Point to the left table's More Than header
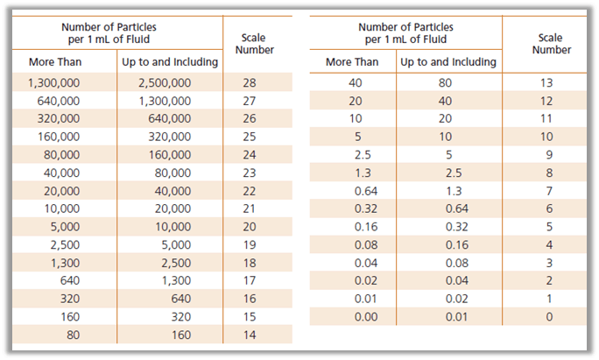60,62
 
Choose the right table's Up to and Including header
448,62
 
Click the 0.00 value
352,316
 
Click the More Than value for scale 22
60,191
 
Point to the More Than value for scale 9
352,155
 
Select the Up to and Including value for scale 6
448,208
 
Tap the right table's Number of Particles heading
405,33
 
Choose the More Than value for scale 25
60,137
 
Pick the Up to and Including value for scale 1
448,299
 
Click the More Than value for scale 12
352,101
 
